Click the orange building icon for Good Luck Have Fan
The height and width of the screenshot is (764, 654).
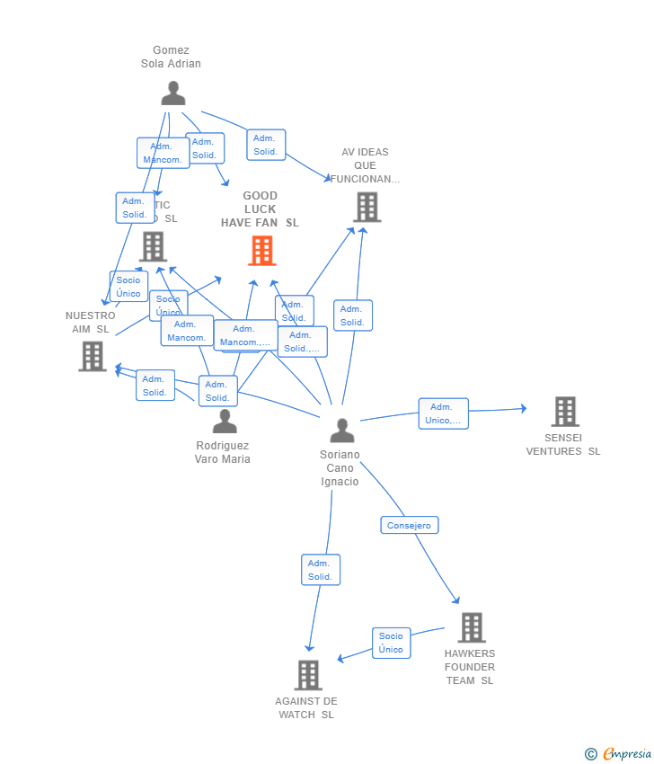tap(262, 251)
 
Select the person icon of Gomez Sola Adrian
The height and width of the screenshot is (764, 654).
tap(172, 93)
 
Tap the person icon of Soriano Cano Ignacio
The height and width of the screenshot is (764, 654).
tap(341, 431)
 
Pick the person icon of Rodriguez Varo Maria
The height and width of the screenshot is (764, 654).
tap(225, 422)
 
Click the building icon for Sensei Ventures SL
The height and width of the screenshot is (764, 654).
tap(564, 412)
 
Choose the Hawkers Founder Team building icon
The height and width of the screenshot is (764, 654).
tap(471, 627)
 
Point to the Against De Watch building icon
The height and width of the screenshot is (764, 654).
tap(308, 675)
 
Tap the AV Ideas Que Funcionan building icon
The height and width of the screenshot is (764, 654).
tap(367, 207)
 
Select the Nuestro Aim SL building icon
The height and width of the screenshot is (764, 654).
tap(93, 356)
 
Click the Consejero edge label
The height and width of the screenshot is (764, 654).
tap(410, 525)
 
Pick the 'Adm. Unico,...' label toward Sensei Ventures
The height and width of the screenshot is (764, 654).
tap(443, 413)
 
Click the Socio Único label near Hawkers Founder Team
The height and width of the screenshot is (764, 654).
tap(391, 643)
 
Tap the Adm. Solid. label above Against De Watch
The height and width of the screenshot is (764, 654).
tap(320, 570)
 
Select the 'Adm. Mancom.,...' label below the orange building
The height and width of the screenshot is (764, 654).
tap(245, 335)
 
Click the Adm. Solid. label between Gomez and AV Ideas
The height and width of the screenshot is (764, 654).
tap(266, 145)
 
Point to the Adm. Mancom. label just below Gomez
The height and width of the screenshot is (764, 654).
tap(163, 153)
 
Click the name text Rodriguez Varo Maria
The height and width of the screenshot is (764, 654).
tap(223, 452)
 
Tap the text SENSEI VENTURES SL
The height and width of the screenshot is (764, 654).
tap(563, 445)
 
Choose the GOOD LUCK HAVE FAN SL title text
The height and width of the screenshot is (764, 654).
tap(261, 209)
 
